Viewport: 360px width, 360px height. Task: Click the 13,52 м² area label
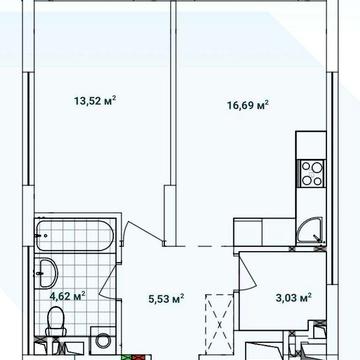tap(95, 100)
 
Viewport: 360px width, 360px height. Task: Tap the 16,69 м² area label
tap(248, 105)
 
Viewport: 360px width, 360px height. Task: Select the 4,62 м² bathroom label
tap(68, 296)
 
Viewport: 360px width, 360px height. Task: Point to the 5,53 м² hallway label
tap(166, 299)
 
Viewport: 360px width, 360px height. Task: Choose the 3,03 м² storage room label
tap(294, 297)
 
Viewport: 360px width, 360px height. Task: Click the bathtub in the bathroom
tap(75, 235)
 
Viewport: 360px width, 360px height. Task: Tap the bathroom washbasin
tap(46, 272)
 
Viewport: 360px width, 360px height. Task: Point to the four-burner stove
tap(312, 173)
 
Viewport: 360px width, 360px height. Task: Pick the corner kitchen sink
tap(311, 230)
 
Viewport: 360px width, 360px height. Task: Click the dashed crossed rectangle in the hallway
tap(219, 323)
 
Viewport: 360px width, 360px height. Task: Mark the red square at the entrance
tap(137, 357)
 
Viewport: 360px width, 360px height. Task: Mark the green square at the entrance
tap(127, 357)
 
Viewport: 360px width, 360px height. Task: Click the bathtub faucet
tap(41, 235)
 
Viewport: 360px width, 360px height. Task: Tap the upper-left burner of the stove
tap(307, 166)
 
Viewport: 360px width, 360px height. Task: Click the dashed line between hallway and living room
tap(202, 246)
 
